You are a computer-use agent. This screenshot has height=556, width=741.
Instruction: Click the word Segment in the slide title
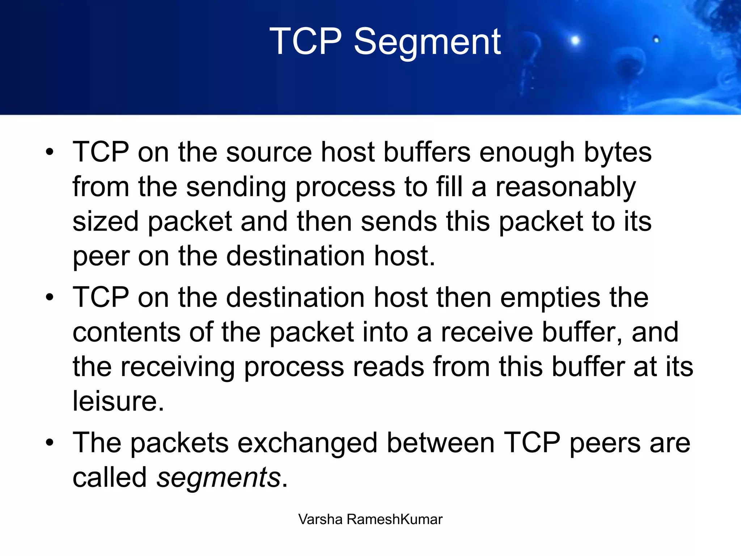(x=427, y=43)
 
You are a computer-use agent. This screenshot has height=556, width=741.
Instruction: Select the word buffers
(x=427, y=152)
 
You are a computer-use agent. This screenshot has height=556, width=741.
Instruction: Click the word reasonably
(x=565, y=188)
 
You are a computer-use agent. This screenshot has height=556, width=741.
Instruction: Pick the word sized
(x=105, y=222)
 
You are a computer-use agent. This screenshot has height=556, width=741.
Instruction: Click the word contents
(x=126, y=332)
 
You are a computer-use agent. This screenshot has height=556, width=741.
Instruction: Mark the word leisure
(x=118, y=401)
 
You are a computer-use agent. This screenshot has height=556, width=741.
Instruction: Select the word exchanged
(x=307, y=443)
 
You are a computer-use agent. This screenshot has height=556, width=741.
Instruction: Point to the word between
(x=440, y=443)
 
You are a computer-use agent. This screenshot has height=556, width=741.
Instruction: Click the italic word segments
(x=219, y=478)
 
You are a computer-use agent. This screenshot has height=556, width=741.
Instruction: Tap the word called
(x=110, y=478)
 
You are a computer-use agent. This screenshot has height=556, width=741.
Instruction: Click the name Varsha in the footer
(x=320, y=519)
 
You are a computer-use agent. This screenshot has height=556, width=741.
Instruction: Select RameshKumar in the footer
(x=394, y=519)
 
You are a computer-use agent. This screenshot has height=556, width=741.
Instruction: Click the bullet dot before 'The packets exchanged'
(x=50, y=442)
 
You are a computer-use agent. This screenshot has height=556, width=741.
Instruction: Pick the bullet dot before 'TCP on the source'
(x=50, y=152)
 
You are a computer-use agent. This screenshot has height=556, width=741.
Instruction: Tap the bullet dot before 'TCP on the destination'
(x=50, y=298)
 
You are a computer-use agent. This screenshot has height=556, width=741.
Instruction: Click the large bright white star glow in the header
(x=575, y=40)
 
